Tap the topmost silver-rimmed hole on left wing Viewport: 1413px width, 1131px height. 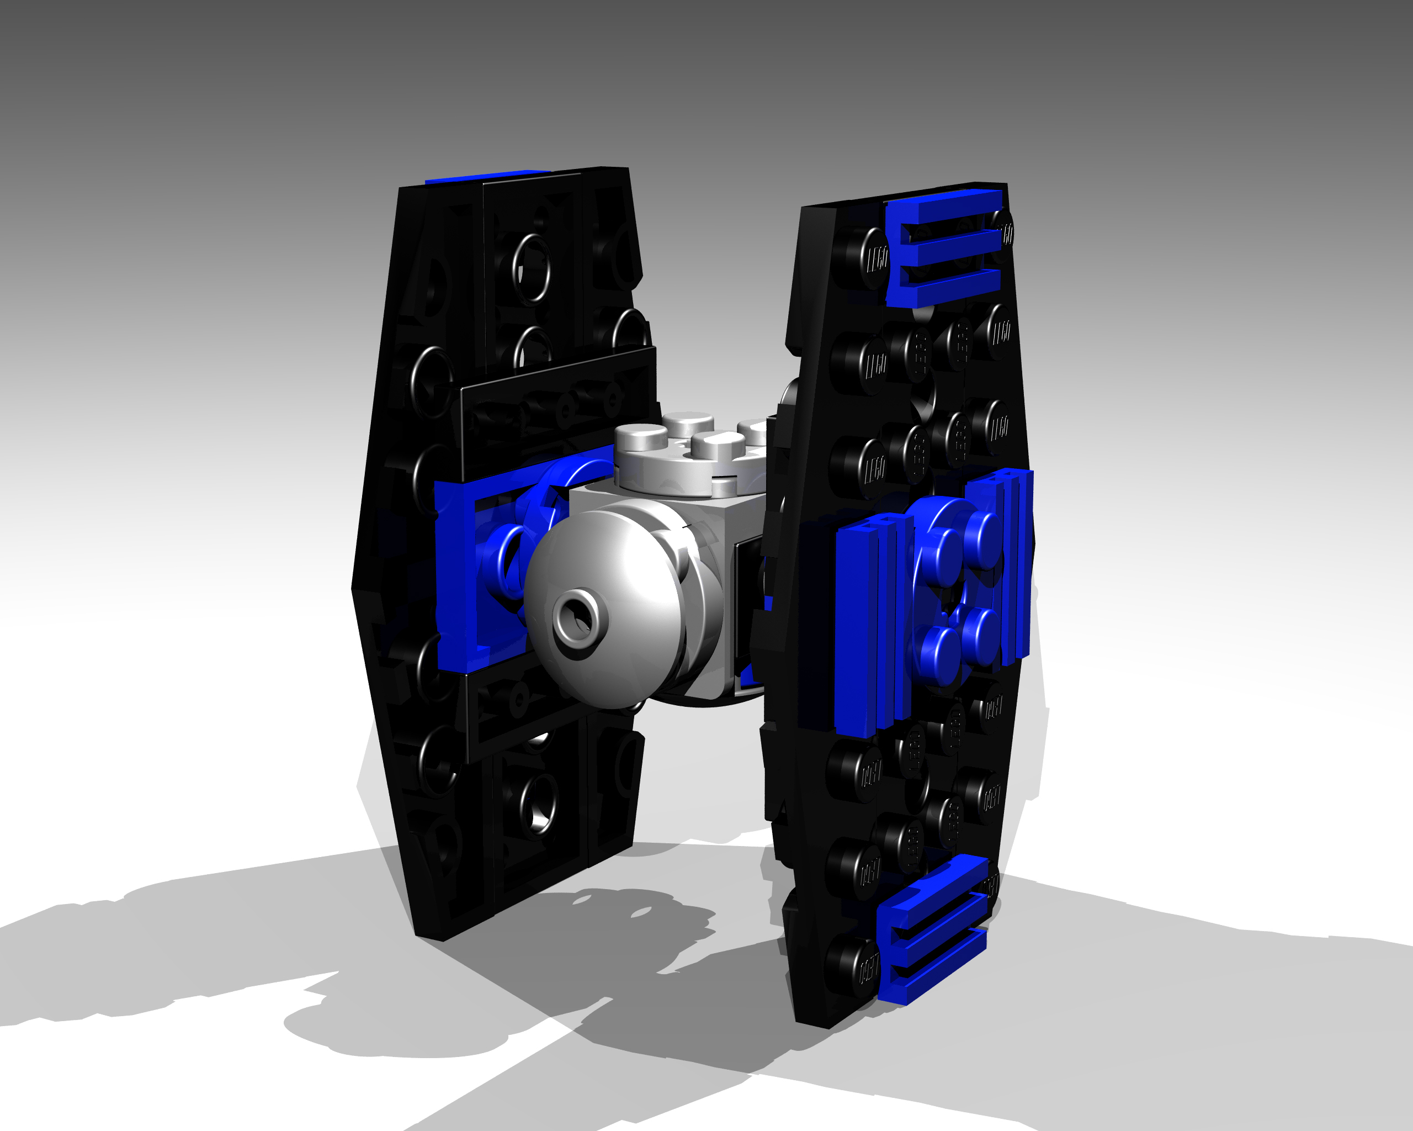532,269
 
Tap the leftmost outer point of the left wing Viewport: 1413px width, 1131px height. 354,588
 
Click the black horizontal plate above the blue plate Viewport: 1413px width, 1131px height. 557,413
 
